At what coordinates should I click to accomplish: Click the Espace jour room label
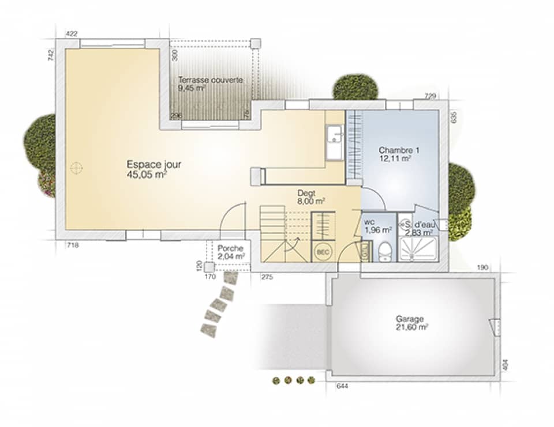point(154,165)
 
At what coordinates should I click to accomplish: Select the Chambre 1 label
point(399,150)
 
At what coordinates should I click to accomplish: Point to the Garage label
point(410,319)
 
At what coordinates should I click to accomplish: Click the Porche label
point(231,248)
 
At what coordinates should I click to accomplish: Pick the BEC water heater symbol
point(321,252)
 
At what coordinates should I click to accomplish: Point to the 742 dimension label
point(51,55)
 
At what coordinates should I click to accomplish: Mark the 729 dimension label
point(429,96)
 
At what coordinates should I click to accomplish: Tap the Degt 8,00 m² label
point(310,197)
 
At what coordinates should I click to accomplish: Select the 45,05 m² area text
point(147,175)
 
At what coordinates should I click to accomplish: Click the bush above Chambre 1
point(355,86)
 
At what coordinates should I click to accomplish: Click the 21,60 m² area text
point(411,327)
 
